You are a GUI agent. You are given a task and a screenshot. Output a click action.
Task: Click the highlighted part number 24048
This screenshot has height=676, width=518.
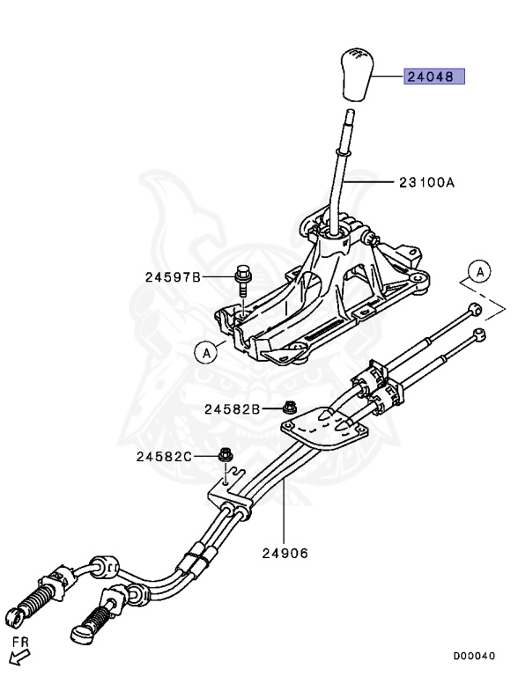433,77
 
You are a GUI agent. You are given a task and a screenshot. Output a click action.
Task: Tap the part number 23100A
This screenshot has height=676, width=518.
426,182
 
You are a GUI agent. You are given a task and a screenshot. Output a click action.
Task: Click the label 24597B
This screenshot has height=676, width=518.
173,276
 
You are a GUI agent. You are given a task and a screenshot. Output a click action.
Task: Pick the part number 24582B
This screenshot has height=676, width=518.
233,408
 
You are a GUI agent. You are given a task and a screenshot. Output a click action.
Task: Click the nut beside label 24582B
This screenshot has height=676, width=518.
288,407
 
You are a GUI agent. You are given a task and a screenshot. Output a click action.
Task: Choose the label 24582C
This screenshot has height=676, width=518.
164,456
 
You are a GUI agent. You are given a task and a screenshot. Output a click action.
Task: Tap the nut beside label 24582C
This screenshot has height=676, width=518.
225,454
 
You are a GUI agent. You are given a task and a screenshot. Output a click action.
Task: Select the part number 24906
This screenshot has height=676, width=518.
285,553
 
